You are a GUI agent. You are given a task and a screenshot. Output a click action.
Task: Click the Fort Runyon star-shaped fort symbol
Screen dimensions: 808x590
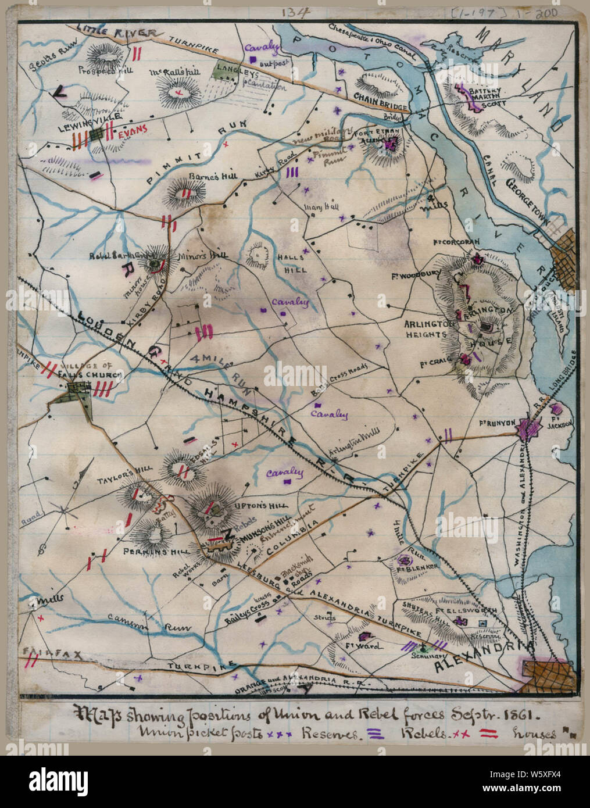click(530, 429)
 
